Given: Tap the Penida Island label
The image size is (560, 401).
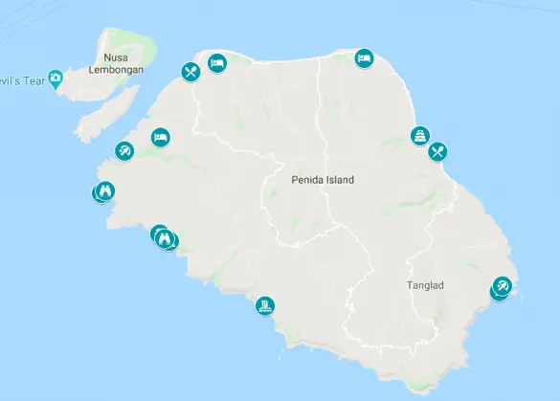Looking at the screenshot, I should (323, 179).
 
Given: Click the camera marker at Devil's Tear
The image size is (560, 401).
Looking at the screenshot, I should (56, 78).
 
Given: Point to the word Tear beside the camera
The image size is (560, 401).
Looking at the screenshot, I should (32, 78).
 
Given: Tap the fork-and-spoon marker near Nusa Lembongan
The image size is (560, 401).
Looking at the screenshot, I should (190, 71).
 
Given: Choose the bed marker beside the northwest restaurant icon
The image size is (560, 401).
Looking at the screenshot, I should (216, 63).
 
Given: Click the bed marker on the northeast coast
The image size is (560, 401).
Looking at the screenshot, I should (364, 58).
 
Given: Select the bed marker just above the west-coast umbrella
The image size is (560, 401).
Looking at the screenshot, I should (160, 137).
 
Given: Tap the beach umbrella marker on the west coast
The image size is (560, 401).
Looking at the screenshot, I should (124, 151).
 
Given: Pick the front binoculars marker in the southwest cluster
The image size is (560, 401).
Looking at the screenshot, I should (165, 238).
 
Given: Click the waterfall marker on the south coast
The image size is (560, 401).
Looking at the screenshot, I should (265, 305).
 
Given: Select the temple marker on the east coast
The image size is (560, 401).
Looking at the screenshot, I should (419, 136).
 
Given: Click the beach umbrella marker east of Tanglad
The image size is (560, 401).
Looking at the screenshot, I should (503, 287).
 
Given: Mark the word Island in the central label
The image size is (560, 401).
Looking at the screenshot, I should (339, 179).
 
